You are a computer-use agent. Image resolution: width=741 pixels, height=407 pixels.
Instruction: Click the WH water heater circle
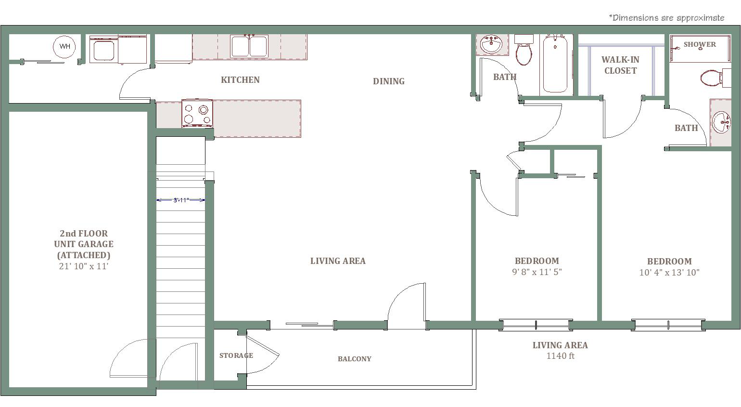pos(64,47)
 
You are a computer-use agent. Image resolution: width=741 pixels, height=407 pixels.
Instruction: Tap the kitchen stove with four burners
pos(197,113)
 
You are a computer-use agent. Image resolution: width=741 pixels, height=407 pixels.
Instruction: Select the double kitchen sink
pos(249,47)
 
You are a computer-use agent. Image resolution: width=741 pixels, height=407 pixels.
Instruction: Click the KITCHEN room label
pos(240,80)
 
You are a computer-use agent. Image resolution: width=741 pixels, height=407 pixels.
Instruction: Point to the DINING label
pos(389,81)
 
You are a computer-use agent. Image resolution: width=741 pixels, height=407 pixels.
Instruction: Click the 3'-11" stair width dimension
pos(180,200)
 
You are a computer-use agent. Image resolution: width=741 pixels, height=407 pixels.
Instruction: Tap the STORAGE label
pos(236,355)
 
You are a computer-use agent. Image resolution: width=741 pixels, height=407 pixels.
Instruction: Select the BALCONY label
pos(354,359)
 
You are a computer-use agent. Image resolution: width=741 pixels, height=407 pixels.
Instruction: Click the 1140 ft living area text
pos(561,356)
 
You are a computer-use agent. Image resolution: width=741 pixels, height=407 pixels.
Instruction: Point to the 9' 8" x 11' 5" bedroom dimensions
pos(537,272)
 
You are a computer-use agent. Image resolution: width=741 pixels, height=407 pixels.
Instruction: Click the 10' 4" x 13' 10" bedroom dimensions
pos(669,272)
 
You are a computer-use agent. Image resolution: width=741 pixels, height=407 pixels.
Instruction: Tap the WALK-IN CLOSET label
pos(620,65)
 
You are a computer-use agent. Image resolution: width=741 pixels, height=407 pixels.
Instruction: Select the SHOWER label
pos(700,44)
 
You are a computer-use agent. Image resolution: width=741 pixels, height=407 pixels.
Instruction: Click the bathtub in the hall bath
pos(555,63)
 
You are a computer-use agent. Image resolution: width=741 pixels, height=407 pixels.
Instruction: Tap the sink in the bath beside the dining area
pos(491,44)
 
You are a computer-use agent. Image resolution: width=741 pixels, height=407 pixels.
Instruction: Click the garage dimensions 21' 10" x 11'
pos(84,266)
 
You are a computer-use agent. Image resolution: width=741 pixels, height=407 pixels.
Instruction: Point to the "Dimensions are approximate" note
pos(666,18)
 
